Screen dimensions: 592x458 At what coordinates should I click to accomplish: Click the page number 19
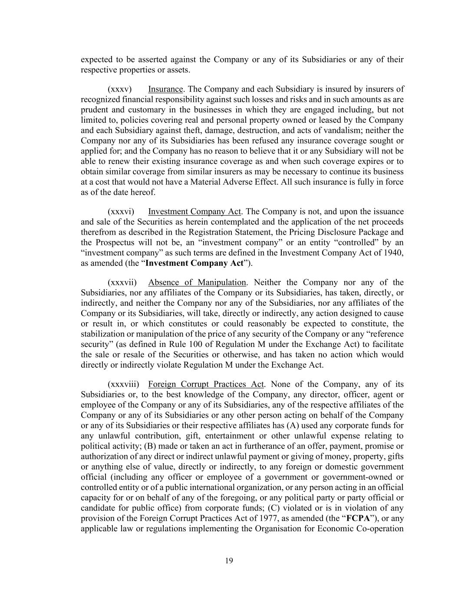(229, 561)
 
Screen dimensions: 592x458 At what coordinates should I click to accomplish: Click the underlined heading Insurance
(165, 89)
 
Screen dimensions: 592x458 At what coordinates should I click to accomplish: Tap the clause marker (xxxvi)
(121, 212)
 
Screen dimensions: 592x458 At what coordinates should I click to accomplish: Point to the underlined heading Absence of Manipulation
(197, 283)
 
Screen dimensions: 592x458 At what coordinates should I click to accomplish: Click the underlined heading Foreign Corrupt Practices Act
(206, 384)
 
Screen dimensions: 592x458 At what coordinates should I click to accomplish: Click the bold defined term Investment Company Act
(194, 263)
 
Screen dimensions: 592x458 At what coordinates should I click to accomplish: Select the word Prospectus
(115, 242)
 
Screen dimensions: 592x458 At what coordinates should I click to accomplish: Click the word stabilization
(105, 334)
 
